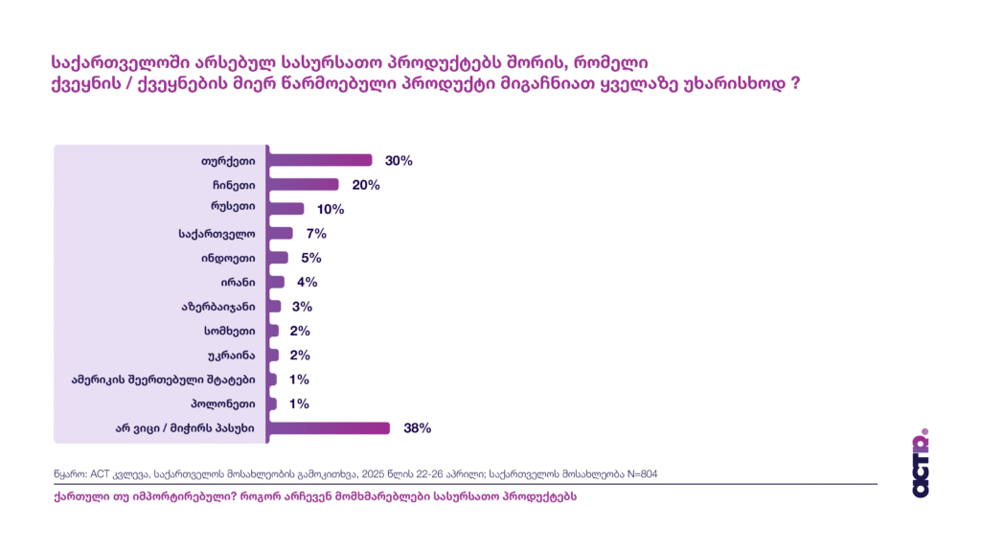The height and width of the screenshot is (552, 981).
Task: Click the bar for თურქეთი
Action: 321,160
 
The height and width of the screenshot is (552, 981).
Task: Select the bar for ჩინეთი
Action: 304,184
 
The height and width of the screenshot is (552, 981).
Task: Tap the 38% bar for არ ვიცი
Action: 330,428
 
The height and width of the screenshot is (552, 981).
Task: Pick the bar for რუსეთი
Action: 286,209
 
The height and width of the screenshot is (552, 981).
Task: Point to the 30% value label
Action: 399,161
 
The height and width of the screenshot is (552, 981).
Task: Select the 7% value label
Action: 316,234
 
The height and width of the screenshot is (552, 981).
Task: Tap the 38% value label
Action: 418,428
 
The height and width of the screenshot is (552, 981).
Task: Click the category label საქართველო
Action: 217,234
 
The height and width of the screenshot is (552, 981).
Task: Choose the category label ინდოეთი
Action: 229,258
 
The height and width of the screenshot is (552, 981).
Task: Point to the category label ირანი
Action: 238,283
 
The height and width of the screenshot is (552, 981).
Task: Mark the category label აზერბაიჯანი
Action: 217,307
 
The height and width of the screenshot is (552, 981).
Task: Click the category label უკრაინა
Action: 231,356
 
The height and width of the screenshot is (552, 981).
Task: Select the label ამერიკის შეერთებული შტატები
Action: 164,379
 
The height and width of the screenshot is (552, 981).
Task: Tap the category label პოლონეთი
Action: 224,404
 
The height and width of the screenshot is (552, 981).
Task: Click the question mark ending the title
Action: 795,84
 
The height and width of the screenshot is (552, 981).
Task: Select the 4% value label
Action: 307,283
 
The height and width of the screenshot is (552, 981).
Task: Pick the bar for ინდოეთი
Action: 279,258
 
